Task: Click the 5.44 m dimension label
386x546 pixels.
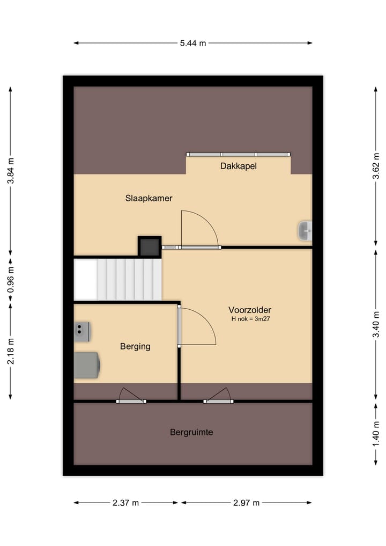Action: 193,43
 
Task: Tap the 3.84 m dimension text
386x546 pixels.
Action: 11,171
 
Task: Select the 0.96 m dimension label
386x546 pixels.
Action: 11,280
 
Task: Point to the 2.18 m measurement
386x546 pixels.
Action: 11,351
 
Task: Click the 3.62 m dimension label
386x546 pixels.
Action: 376,166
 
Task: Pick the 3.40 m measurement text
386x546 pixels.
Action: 376,324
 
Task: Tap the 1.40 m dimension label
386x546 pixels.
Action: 376,434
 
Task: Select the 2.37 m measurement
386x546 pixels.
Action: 125,503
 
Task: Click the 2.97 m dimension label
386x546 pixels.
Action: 246,503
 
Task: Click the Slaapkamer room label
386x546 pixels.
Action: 149,198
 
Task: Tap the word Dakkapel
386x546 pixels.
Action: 238,166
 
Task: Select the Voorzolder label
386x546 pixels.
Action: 250,310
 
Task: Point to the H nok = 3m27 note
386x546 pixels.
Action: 251,318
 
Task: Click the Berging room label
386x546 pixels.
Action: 135,346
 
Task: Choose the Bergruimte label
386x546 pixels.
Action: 191,432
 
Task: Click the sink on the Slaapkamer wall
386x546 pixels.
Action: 305,230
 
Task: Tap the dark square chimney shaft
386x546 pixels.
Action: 150,247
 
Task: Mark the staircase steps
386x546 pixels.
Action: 129,279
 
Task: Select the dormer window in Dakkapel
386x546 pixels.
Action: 238,154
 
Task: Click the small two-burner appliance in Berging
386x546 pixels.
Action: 82,331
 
